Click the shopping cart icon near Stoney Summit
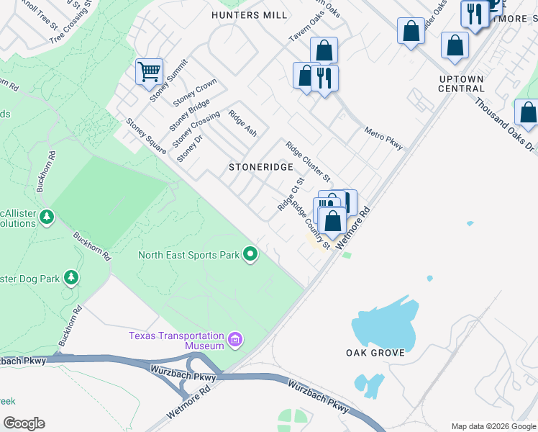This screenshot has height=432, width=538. [149, 71]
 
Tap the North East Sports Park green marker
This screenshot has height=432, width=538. [250, 253]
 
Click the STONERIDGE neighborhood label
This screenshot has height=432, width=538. [260, 167]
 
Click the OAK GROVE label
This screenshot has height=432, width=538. [375, 353]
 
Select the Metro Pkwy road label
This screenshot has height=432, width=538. [383, 138]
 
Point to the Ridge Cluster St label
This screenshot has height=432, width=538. [308, 161]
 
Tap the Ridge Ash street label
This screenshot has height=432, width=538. [242, 123]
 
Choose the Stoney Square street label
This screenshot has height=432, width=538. [146, 136]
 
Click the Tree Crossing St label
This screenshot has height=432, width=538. [72, 26]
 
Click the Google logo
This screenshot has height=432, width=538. [23, 423]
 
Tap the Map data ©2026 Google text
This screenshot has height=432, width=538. [493, 426]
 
